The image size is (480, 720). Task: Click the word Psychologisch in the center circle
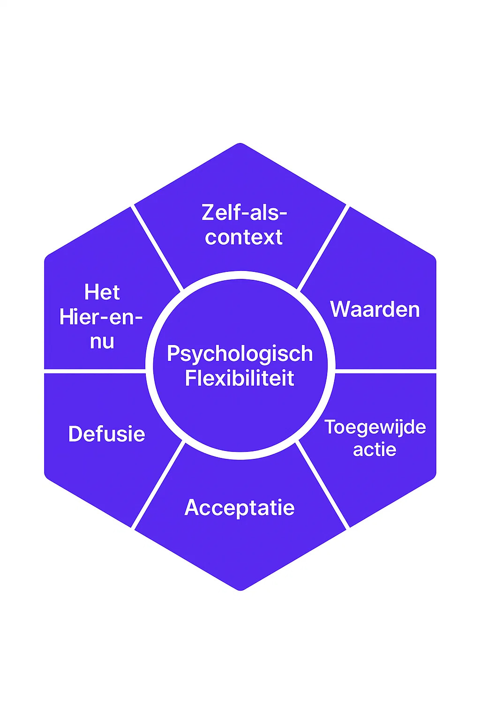tap(240, 354)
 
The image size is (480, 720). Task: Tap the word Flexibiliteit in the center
tap(240, 378)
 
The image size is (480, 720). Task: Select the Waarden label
tap(375, 309)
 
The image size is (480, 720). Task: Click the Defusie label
tap(107, 434)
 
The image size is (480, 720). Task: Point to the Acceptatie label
tap(240, 508)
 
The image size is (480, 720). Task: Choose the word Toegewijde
tap(375, 427)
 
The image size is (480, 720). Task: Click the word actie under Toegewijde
tap(375, 450)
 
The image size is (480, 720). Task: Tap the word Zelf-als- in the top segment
tap(244, 213)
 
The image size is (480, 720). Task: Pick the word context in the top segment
tap(244, 237)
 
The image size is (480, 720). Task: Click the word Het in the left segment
tap(102, 292)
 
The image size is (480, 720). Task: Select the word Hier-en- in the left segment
tap(101, 317)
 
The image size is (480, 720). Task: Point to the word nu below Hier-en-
tap(102, 341)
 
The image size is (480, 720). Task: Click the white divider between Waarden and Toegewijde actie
tap(385, 371)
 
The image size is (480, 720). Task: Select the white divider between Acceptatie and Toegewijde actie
tap(323, 486)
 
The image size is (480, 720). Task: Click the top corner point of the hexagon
tap(240, 143)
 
